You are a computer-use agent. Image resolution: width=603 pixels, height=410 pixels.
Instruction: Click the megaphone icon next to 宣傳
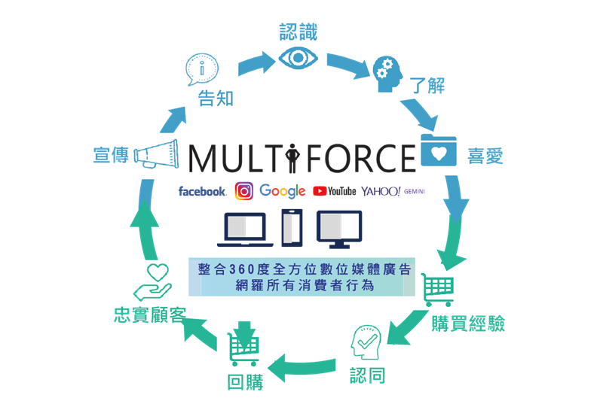click(x=156, y=156)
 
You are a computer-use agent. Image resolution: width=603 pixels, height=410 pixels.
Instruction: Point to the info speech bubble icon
click(x=200, y=71)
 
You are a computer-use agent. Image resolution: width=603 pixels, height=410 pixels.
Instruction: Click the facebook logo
click(x=202, y=192)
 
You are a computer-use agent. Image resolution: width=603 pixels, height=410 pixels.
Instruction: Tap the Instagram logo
click(x=243, y=191)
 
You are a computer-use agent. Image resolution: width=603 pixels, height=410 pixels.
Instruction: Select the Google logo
click(x=283, y=191)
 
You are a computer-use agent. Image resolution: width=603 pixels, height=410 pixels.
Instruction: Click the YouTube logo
click(x=334, y=191)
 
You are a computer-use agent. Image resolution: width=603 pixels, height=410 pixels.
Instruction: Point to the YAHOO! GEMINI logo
click(x=393, y=191)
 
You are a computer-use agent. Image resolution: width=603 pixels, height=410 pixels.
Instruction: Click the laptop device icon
click(x=244, y=229)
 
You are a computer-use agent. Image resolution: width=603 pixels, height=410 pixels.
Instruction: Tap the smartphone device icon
click(x=292, y=227)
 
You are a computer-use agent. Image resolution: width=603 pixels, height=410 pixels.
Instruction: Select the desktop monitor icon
click(x=339, y=229)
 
